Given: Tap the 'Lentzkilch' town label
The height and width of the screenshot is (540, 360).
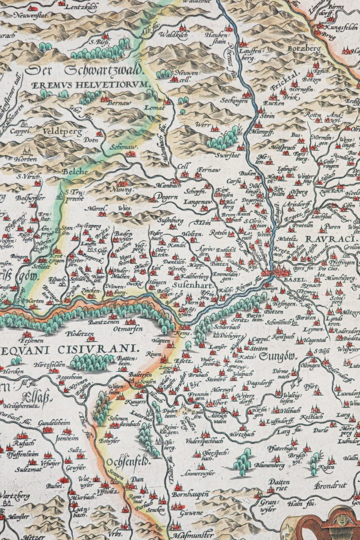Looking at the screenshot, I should coord(75,8).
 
